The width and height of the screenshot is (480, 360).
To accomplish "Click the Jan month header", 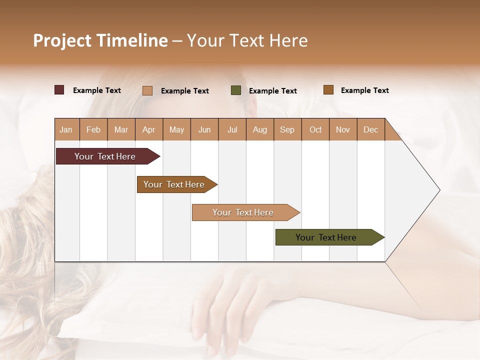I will [x=66, y=129].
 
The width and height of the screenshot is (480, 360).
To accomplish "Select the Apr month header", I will [x=148, y=129].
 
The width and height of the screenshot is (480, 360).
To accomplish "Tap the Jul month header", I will [x=232, y=129].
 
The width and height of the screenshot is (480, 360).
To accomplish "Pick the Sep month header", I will [x=287, y=129].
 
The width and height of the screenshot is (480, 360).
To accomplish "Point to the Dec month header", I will [x=370, y=129].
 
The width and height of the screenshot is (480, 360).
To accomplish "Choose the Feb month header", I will [x=93, y=129].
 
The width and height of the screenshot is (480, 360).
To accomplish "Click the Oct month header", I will [x=315, y=129].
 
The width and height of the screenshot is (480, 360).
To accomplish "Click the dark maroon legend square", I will [x=59, y=90].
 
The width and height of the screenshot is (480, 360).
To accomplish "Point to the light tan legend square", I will [x=147, y=90].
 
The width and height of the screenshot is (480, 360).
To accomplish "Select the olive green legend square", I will [x=236, y=90].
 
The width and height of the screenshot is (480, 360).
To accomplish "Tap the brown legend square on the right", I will [x=328, y=90].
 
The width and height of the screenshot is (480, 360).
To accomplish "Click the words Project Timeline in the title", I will [x=100, y=40].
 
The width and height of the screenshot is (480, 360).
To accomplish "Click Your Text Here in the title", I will [x=247, y=40].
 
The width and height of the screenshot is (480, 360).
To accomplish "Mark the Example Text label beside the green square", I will [x=273, y=90].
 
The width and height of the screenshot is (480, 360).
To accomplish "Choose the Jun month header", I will [x=204, y=129].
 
